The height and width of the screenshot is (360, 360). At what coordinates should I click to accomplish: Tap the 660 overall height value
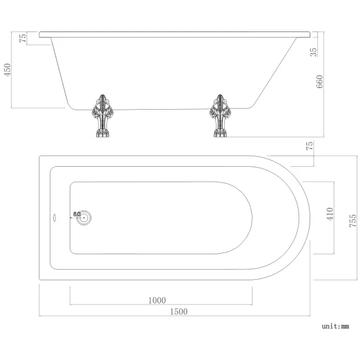319,81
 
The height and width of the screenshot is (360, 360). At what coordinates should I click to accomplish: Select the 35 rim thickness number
314,53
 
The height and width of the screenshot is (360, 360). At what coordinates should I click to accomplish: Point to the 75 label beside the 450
23,38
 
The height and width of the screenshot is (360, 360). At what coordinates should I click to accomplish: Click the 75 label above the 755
310,146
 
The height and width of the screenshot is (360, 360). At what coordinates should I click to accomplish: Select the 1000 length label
157,301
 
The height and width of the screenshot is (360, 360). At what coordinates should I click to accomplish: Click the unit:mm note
336,327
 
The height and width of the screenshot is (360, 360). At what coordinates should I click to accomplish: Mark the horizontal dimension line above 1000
161,305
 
